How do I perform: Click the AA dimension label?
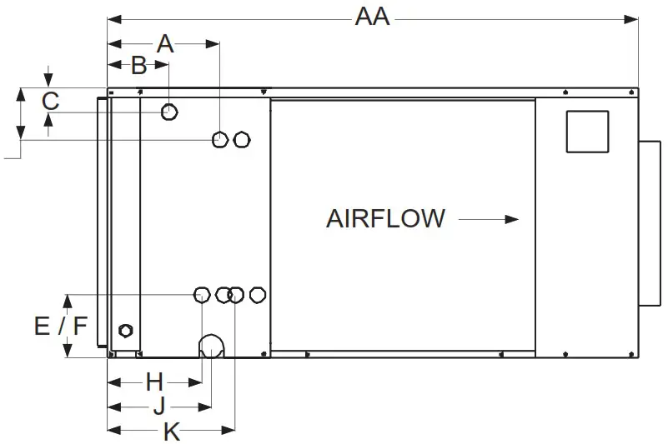click(372, 17)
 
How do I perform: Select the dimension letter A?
click(166, 43)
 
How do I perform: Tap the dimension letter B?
click(138, 66)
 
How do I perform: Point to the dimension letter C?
click(50, 102)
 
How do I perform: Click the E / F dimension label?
click(61, 326)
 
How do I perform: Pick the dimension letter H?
click(154, 382)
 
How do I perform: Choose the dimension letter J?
click(158, 407)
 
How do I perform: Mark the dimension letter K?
click(171, 432)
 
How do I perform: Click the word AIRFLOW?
click(385, 219)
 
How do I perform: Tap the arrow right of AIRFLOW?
click(489, 219)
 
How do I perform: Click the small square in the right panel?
click(587, 131)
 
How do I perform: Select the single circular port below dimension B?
click(169, 112)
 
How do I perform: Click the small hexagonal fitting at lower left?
click(126, 329)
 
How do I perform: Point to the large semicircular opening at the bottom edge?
click(211, 347)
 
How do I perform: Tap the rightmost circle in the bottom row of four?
click(258, 294)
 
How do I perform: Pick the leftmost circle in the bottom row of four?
click(202, 294)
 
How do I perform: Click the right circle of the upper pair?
click(241, 139)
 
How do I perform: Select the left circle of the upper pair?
click(220, 139)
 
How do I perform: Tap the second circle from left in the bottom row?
click(224, 294)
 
